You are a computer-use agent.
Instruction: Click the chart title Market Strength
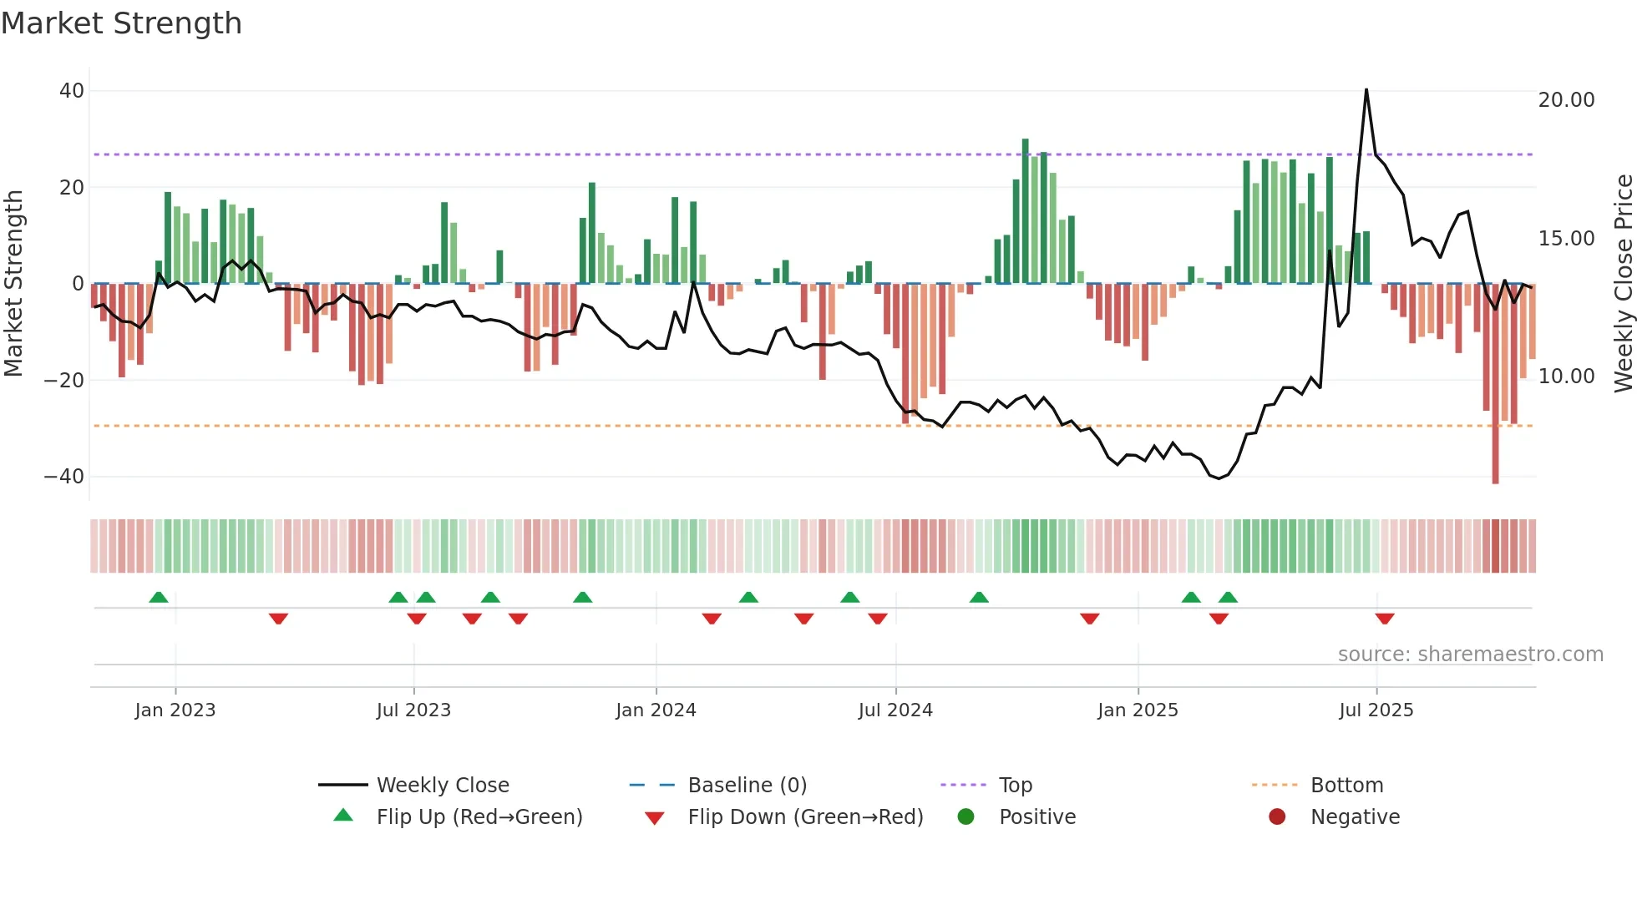[x=121, y=23]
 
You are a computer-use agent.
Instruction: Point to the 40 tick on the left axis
[x=72, y=91]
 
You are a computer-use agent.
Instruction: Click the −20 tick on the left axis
[x=64, y=381]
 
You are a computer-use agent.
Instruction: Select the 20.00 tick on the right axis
[x=1566, y=100]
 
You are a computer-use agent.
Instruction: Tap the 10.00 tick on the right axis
[x=1566, y=377]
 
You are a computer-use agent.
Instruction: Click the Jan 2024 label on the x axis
[x=656, y=710]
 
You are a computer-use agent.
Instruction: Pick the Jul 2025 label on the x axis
[x=1376, y=710]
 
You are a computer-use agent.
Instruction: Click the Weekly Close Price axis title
[x=1623, y=284]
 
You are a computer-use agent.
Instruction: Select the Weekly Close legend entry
[x=442, y=786]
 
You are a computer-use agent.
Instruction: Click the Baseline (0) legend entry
[x=747, y=786]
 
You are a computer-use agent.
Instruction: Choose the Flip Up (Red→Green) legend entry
[x=479, y=817]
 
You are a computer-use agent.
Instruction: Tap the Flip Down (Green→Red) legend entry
[x=805, y=817]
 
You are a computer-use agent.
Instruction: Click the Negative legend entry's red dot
[x=1277, y=817]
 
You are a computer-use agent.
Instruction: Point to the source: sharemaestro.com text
[x=1470, y=655]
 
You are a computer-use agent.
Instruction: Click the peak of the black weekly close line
[x=1366, y=90]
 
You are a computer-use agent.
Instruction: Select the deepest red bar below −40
[x=1495, y=468]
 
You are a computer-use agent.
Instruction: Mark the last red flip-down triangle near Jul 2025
[x=1384, y=619]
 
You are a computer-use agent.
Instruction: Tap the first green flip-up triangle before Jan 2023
[x=158, y=597]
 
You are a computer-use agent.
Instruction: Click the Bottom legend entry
[x=1346, y=786]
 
